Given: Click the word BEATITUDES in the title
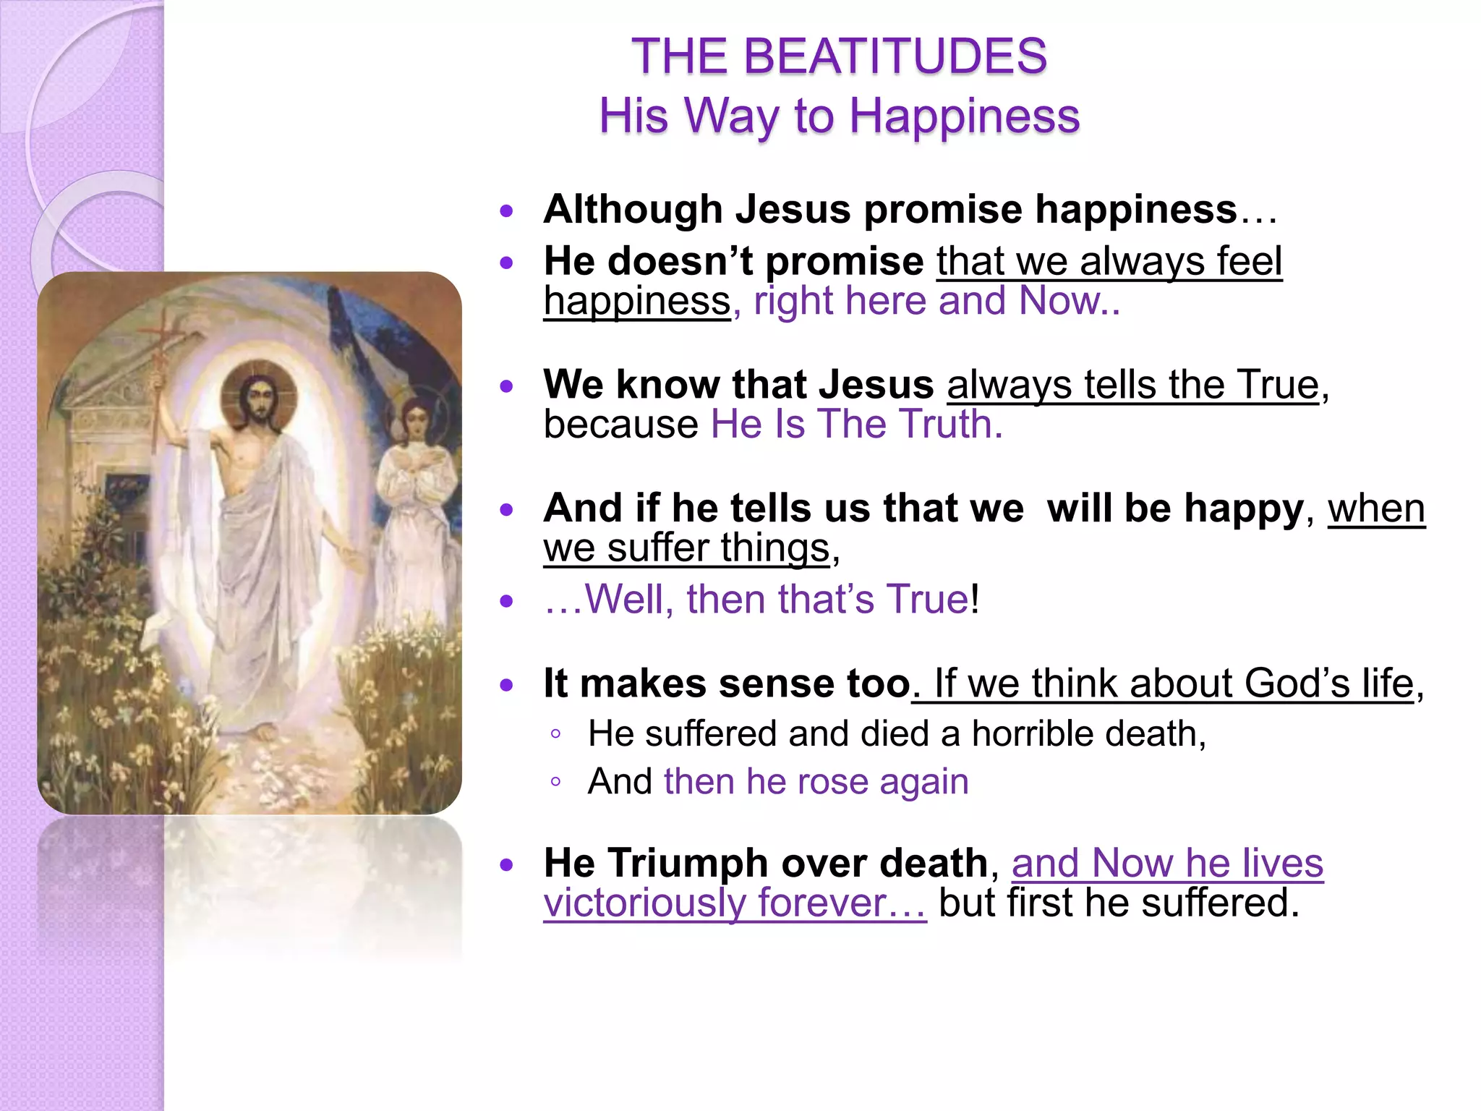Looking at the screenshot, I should tap(895, 56).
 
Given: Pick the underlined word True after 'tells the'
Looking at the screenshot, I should tap(1278, 384).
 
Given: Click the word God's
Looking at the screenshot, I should tap(1297, 684).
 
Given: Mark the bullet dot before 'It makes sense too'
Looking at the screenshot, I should tap(507, 684).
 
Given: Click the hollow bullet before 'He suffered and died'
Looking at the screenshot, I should tap(555, 734).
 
